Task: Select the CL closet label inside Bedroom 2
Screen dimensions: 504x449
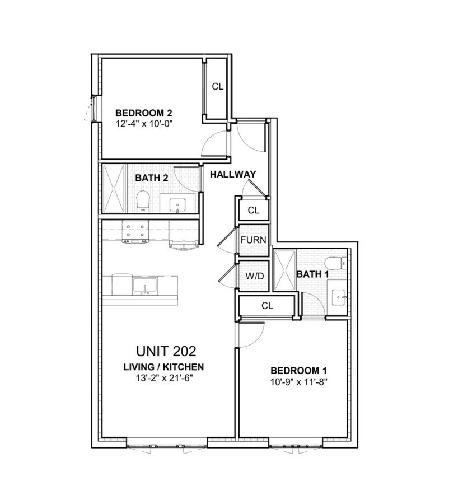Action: tap(218, 87)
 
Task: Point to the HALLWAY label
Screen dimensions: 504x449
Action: tap(233, 175)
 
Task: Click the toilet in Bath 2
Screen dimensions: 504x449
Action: tap(142, 201)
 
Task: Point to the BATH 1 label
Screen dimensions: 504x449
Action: tap(312, 274)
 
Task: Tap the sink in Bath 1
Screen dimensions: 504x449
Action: tap(338, 297)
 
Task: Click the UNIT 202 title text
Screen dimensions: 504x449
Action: tap(166, 351)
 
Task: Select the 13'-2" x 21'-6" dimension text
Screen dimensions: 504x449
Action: tap(163, 378)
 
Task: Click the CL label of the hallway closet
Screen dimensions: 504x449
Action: tap(254, 211)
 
